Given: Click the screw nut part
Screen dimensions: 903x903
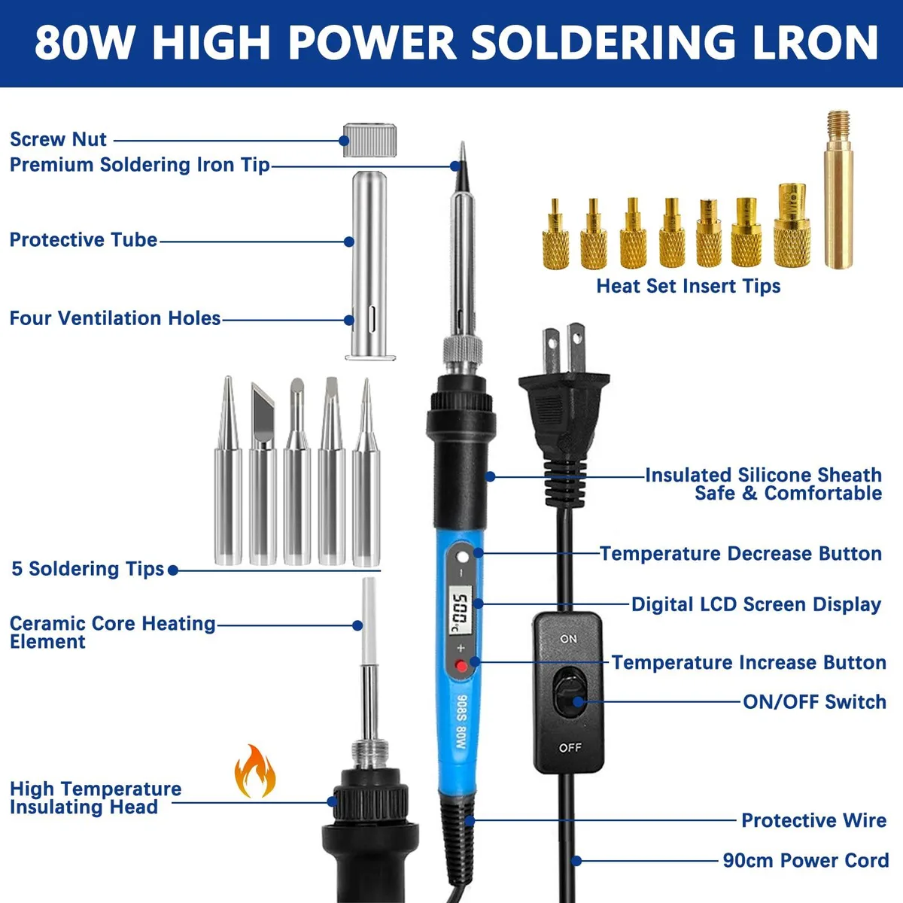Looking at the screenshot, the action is tap(369, 140).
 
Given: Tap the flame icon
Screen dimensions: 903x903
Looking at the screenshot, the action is tap(254, 771).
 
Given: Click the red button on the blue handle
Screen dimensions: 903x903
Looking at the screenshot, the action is tap(461, 665).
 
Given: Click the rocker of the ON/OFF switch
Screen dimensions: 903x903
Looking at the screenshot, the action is tap(570, 695).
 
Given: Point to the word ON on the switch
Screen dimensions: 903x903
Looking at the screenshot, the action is tap(568, 639).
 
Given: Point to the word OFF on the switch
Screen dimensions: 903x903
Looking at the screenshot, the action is tap(570, 747).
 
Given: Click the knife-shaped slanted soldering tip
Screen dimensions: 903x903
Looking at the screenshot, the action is tap(263, 474).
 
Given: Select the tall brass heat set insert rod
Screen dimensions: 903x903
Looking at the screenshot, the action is tap(838, 190).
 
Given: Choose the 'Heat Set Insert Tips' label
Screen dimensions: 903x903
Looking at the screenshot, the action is tap(688, 286).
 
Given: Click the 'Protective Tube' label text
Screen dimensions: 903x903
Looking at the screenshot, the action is tap(84, 240).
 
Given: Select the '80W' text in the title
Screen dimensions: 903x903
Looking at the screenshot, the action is tap(84, 43).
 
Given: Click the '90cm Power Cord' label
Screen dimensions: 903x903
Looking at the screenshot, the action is tap(805, 860).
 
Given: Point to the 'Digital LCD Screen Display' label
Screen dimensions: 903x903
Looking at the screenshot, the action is tap(756, 604).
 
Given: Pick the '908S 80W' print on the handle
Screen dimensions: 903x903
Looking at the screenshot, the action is tap(462, 722).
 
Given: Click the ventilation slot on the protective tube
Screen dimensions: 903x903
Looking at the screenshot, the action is tap(372, 319).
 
